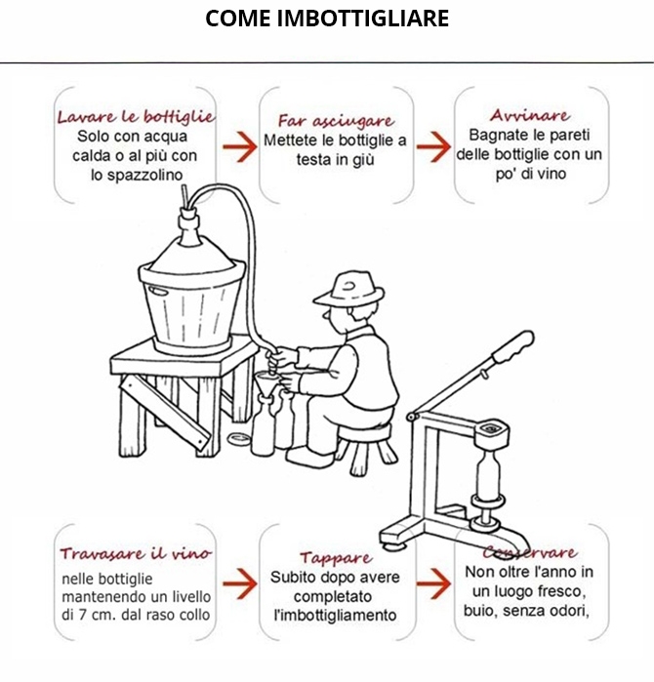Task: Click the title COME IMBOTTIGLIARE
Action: pyautogui.click(x=327, y=19)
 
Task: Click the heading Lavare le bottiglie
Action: pyautogui.click(x=137, y=116)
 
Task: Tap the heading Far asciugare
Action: pyautogui.click(x=336, y=120)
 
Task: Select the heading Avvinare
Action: pyautogui.click(x=530, y=115)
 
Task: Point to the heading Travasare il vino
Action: pyautogui.click(x=136, y=553)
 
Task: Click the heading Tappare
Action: pyautogui.click(x=336, y=558)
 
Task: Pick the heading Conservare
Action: pyautogui.click(x=530, y=552)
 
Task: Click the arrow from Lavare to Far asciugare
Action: pyautogui.click(x=240, y=146)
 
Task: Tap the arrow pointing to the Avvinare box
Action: pyautogui.click(x=433, y=146)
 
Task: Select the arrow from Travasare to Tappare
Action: pyautogui.click(x=240, y=583)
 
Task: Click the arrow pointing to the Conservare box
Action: pyautogui.click(x=433, y=583)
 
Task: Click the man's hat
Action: pyautogui.click(x=349, y=288)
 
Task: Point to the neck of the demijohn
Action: pyautogui.click(x=189, y=224)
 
